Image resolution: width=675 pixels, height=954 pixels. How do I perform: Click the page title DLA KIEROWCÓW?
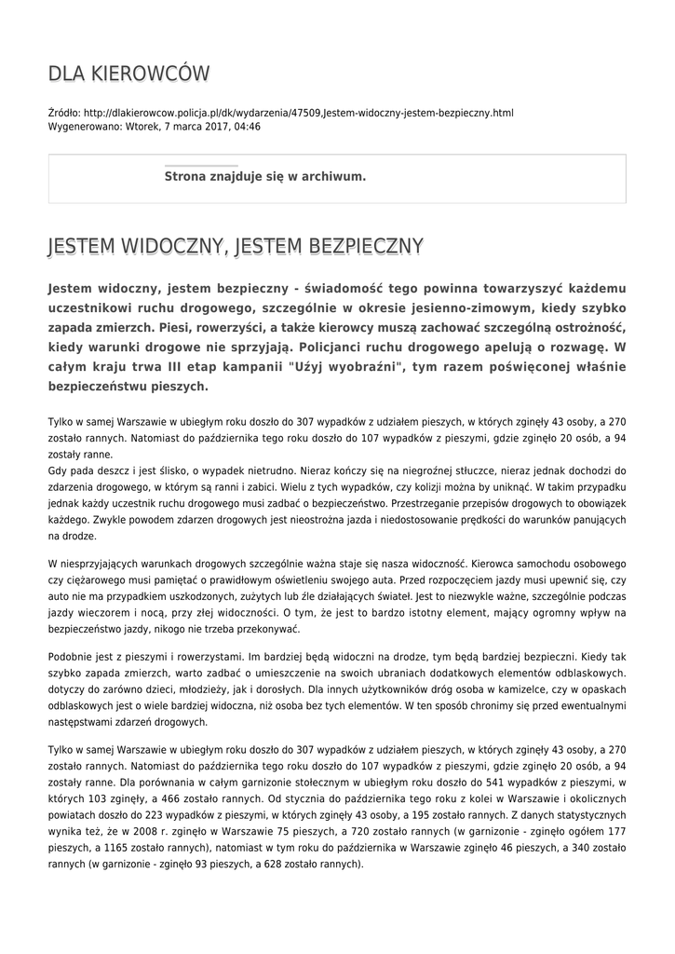click(128, 74)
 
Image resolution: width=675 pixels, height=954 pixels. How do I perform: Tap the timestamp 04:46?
click(247, 127)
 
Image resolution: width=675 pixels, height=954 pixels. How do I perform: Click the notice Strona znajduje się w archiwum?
click(265, 176)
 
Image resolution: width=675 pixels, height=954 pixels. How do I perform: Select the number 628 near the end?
click(278, 864)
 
